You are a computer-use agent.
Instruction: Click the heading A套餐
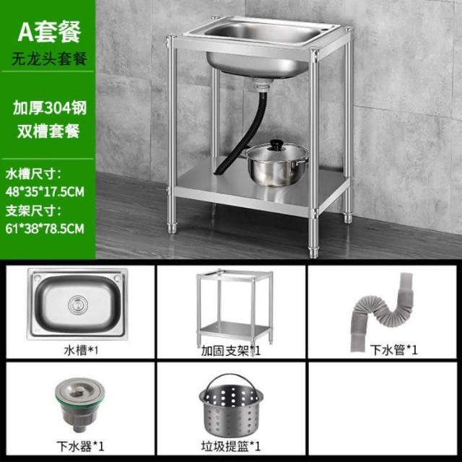49,32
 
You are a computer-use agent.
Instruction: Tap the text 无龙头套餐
49,58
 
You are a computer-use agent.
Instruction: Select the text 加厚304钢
50,108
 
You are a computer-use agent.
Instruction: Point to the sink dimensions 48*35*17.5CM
45,191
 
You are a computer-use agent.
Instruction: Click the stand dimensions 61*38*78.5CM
45,229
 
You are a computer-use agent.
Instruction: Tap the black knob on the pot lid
276,144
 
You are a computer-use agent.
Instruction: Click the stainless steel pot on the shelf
276,164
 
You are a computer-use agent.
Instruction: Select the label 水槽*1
81,350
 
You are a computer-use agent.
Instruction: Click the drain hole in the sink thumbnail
78,305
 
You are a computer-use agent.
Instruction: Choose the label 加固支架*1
231,351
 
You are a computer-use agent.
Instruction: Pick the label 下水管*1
394,349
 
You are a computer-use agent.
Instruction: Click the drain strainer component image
79,404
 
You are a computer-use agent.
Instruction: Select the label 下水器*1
80,446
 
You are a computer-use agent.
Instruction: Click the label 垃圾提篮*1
231,446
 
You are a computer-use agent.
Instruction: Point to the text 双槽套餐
48,131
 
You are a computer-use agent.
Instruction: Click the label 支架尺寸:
33,211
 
